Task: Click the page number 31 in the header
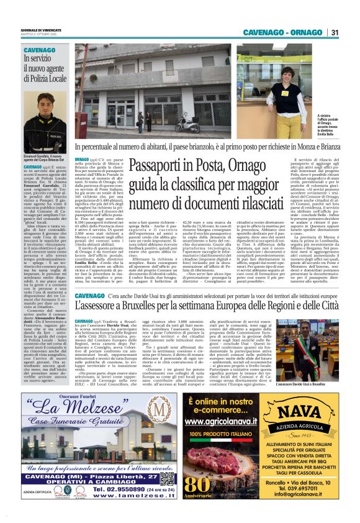(334, 32)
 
